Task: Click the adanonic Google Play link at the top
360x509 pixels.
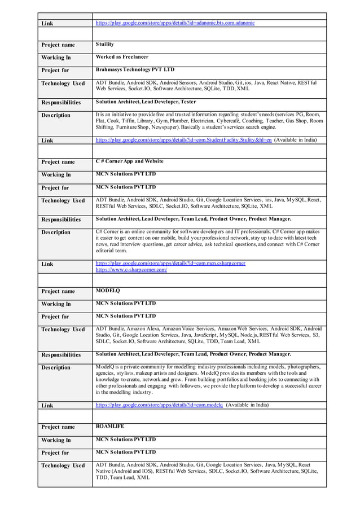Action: pos(175,23)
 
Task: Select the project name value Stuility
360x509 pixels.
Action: pos(105,44)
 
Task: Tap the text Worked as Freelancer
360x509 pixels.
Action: pos(122,57)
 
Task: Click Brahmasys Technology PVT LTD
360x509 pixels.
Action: pos(135,70)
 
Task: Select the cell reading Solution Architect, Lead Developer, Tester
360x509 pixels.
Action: pos(146,102)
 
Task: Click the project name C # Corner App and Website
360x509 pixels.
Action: pos(129,161)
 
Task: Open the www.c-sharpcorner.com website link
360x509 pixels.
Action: pos(131,270)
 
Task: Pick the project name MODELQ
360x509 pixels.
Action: pos(108,291)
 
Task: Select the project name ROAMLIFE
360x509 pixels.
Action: pos(110,427)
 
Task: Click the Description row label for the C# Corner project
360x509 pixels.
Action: pos(56,232)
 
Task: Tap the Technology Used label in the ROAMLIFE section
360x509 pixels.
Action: pos(63,466)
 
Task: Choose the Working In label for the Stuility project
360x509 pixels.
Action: pos(56,58)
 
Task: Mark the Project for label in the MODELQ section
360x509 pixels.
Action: pos(55,317)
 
